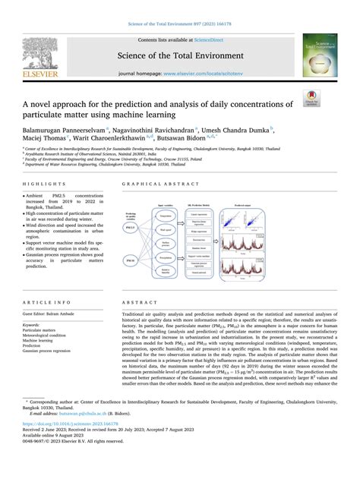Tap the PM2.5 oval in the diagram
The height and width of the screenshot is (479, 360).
130,225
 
